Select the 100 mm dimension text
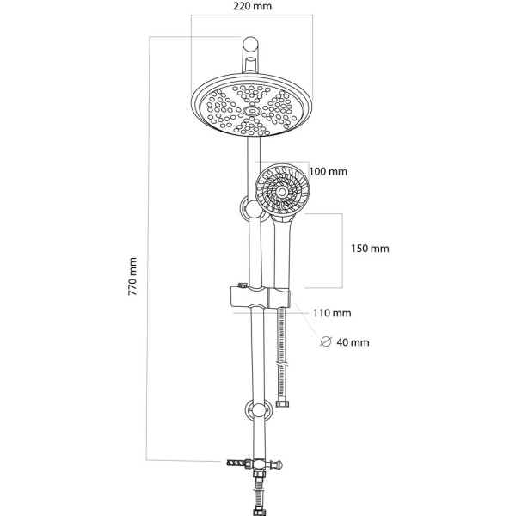pos(328,172)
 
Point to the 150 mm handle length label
pos(371,249)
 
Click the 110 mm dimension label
pos(333,313)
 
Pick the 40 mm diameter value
pos(353,342)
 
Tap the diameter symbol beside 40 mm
pos(325,341)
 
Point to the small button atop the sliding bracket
pos(243,286)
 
